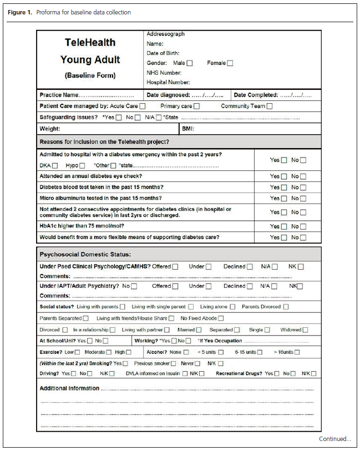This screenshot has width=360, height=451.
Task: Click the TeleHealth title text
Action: pyautogui.click(x=90, y=42)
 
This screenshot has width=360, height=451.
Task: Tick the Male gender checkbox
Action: pyautogui.click(x=190, y=63)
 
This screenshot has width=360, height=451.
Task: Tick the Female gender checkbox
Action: pyautogui.click(x=230, y=63)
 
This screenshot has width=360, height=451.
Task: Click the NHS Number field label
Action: pyautogui.click(x=164, y=73)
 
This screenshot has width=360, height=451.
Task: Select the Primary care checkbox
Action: pyautogui.click(x=196, y=106)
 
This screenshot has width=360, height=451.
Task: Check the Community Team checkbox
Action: pyautogui.click(x=270, y=106)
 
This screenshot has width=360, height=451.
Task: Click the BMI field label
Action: pyautogui.click(x=188, y=129)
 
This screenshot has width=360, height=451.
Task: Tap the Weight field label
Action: pyautogui.click(x=50, y=129)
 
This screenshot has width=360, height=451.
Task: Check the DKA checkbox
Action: pyautogui.click(x=54, y=165)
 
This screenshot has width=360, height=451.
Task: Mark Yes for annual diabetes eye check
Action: pyautogui.click(x=284, y=176)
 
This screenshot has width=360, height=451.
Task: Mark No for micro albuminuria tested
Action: pyautogui.click(x=303, y=198)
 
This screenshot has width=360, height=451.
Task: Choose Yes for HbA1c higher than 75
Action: pyautogui.click(x=284, y=226)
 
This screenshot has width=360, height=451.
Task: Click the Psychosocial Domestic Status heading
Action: pyautogui.click(x=85, y=254)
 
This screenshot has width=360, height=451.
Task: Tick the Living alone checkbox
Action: pyautogui.click(x=232, y=307)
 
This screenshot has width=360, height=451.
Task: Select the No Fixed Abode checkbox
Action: pyautogui.click(x=221, y=318)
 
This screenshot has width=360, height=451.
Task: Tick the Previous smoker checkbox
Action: pyautogui.click(x=174, y=363)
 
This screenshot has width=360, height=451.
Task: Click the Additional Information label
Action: pyautogui.click(x=69, y=388)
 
